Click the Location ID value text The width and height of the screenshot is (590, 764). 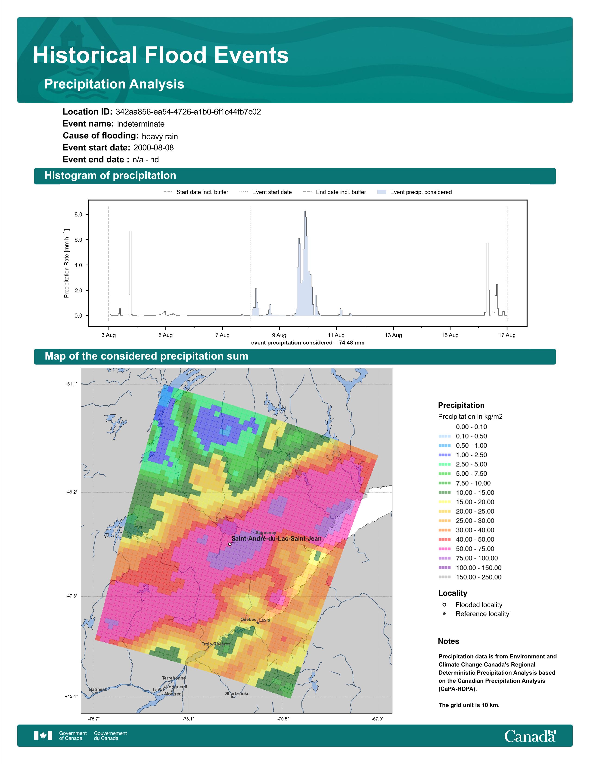[x=188, y=112]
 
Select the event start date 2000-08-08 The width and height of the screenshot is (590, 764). [x=153, y=148]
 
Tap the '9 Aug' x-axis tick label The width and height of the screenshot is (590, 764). [x=279, y=335]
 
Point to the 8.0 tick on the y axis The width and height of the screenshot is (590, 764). [x=78, y=214]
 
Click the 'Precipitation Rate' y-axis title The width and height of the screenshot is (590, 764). [x=66, y=263]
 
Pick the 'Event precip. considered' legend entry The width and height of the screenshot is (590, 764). [x=415, y=192]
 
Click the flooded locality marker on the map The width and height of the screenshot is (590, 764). [x=230, y=544]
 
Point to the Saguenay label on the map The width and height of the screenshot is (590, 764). [x=266, y=533]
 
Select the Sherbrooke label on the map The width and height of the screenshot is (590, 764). [x=237, y=694]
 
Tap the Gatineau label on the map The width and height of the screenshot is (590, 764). [x=98, y=689]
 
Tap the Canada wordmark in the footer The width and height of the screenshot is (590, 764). [x=530, y=736]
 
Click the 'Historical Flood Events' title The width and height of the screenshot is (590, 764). [x=161, y=55]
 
